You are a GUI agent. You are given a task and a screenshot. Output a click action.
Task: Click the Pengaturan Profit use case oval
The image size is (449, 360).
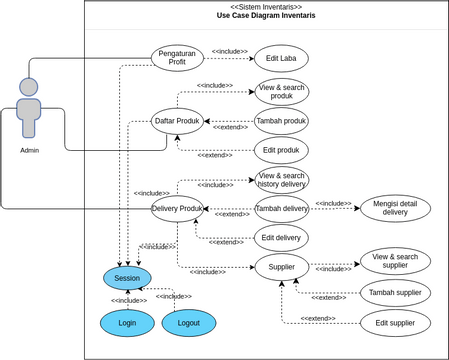(177, 57)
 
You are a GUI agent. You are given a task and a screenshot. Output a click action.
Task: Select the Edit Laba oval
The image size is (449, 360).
(281, 57)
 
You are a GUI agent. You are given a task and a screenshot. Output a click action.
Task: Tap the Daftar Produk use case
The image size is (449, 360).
(177, 121)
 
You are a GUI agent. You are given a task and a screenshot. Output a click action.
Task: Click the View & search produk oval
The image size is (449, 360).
(281, 92)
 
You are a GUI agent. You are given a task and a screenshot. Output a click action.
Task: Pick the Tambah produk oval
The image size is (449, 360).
(281, 121)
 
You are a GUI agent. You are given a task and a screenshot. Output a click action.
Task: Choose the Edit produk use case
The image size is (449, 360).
(281, 150)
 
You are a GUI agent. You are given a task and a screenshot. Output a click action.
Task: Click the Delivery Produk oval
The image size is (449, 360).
(177, 208)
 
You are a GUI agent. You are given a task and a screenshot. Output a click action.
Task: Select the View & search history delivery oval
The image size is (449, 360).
(281, 179)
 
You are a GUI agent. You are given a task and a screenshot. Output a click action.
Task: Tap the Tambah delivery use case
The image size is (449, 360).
(281, 208)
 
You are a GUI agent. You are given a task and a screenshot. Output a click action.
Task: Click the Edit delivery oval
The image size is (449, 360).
(281, 237)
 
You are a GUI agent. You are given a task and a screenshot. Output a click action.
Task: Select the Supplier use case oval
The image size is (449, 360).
(281, 266)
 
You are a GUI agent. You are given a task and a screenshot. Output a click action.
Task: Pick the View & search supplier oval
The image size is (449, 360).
(395, 261)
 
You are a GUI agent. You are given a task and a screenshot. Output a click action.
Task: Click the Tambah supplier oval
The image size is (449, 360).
(395, 292)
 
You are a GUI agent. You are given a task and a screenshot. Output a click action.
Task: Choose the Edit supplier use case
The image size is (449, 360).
(395, 323)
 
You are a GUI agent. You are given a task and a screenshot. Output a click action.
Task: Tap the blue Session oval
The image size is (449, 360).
(127, 278)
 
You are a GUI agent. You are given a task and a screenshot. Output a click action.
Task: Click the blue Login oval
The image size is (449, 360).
(127, 323)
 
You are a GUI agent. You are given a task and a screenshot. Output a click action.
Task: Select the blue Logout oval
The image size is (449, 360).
(188, 323)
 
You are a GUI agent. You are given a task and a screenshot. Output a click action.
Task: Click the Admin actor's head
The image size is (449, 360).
(29, 86)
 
